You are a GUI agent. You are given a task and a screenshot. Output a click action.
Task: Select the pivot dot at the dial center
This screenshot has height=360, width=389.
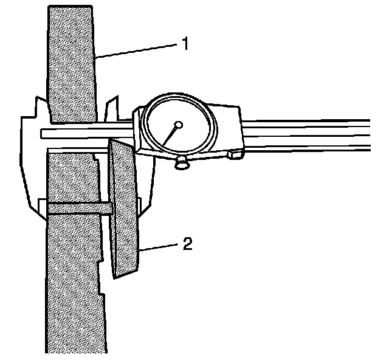[x=177, y=126]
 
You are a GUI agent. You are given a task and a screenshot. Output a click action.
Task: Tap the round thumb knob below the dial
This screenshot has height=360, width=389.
[x=181, y=163]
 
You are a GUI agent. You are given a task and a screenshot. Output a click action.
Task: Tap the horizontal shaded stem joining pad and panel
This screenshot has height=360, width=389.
[x=79, y=208]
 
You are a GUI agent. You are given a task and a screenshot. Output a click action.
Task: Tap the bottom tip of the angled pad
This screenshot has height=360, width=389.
[x=115, y=277]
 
